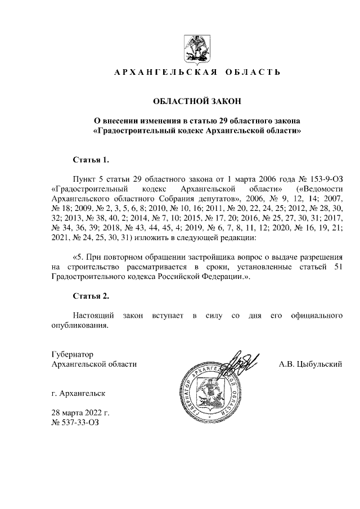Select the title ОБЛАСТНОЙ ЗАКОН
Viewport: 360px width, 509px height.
tap(197, 101)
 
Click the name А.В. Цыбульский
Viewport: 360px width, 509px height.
tap(310, 364)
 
